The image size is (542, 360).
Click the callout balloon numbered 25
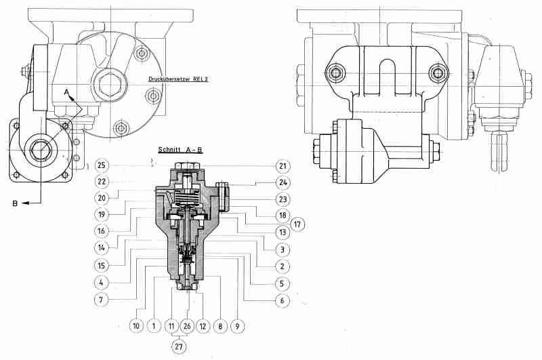[x=101, y=165]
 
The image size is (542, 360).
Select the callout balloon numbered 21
[x=283, y=166]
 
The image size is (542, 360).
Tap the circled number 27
[x=179, y=346]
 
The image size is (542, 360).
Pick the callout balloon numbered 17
[x=297, y=224]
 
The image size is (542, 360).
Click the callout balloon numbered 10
[x=136, y=326]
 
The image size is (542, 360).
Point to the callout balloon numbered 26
[x=187, y=326]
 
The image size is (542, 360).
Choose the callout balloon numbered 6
[x=282, y=300]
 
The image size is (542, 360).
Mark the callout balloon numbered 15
[x=101, y=266]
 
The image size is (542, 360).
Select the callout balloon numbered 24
[x=283, y=182]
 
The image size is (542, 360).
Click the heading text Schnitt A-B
[x=180, y=150]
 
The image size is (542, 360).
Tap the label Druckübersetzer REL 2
[x=178, y=79]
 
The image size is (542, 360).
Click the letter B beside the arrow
[x=15, y=203]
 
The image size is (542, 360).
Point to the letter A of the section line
[x=66, y=92]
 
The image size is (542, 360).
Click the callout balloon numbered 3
[x=283, y=249]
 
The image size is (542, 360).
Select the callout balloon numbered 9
[x=237, y=326]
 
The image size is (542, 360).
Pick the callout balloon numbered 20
[x=101, y=198]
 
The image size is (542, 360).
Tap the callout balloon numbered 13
[x=283, y=232]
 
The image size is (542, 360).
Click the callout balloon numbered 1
[x=154, y=326]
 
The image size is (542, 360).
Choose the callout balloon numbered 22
[x=101, y=182]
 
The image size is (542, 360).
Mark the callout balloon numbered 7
[x=101, y=299]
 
